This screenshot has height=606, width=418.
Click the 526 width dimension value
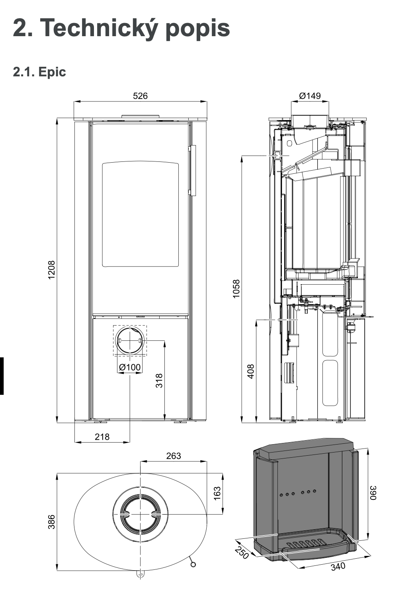[x=140, y=96]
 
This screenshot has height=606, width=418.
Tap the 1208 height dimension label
[x=52, y=270]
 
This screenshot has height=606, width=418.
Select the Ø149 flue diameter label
[x=310, y=96]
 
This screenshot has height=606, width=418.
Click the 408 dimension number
[x=251, y=371]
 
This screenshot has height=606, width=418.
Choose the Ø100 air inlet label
[x=130, y=367]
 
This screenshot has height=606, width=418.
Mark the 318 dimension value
[x=159, y=381]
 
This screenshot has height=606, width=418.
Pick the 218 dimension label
[x=102, y=437]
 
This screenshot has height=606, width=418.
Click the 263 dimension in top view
[x=174, y=456]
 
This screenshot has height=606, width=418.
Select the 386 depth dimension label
[x=52, y=522]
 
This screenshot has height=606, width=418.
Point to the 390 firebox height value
[x=373, y=493]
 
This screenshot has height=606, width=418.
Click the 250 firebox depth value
[x=241, y=552]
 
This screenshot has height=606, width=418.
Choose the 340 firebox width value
[x=338, y=565]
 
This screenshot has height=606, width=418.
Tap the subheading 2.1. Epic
[x=39, y=72]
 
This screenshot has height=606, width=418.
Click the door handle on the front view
[x=193, y=170]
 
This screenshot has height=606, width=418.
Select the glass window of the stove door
[x=140, y=214]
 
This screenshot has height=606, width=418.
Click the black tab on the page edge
[x=2, y=376]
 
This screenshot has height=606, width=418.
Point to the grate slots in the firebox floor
[x=307, y=544]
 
